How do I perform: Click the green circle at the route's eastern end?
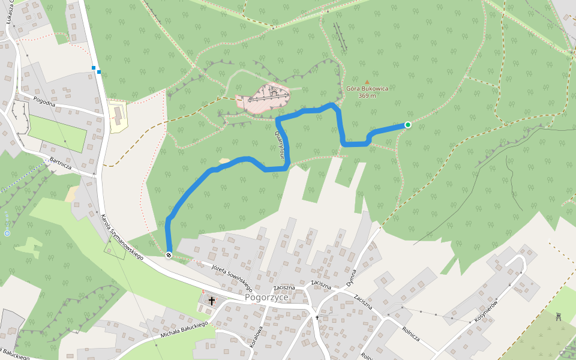408,125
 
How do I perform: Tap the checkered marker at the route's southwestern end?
169,255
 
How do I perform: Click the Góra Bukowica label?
367,89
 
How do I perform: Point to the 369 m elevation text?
367,96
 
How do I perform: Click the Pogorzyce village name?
266,298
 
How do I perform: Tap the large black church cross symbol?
212,300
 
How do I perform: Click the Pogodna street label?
44,101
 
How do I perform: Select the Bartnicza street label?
61,163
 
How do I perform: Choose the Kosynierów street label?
487,310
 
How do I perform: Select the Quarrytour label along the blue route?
280,145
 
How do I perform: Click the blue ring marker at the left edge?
7,233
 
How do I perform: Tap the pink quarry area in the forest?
264,98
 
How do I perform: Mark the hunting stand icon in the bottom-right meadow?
559,316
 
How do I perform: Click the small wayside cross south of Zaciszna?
317,317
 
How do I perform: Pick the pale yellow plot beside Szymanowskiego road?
118,115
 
